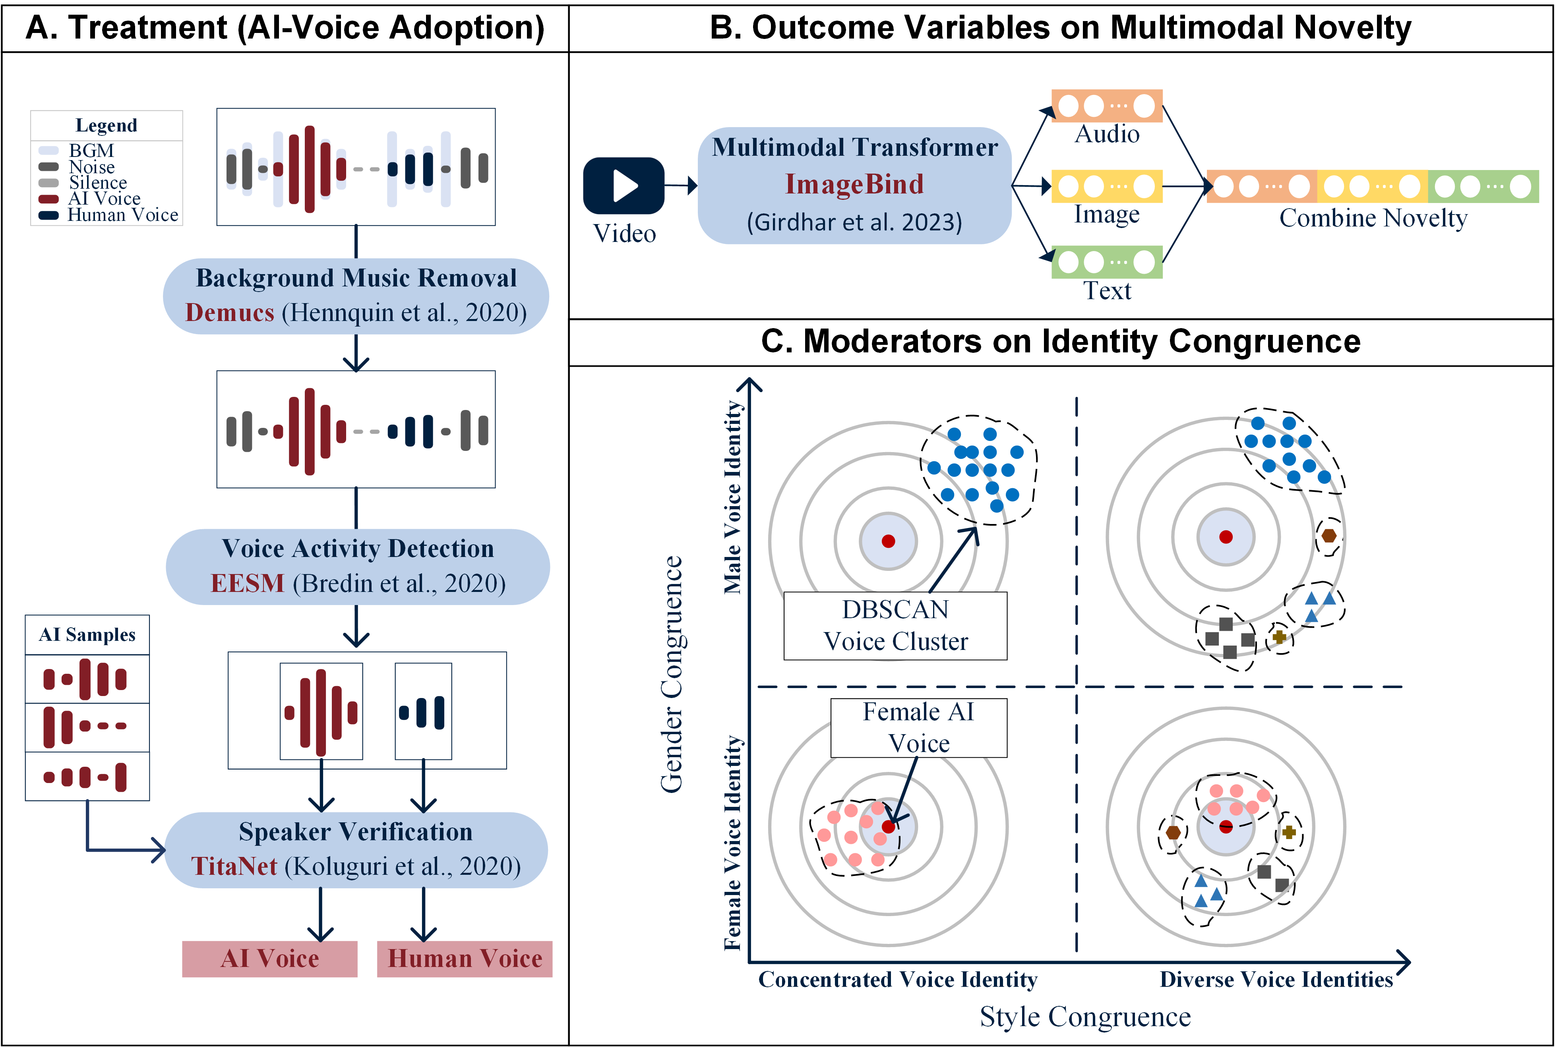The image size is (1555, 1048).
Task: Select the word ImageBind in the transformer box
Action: point(854,184)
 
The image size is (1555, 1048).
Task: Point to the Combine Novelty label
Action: point(1373,218)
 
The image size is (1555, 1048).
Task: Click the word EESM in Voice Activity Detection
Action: point(247,584)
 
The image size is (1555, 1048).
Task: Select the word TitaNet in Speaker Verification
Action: point(234,866)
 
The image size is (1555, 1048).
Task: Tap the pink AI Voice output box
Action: point(270,959)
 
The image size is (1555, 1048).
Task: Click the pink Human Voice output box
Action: point(465,959)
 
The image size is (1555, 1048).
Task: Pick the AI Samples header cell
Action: point(87,634)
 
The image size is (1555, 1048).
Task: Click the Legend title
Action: point(106,126)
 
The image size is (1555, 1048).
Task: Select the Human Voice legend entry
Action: point(108,215)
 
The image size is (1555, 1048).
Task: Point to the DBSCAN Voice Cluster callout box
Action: point(895,626)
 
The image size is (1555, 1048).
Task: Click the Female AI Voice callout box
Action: point(918,728)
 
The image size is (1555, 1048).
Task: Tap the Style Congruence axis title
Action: point(1085,1017)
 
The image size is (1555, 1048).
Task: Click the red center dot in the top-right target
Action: point(1226,537)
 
